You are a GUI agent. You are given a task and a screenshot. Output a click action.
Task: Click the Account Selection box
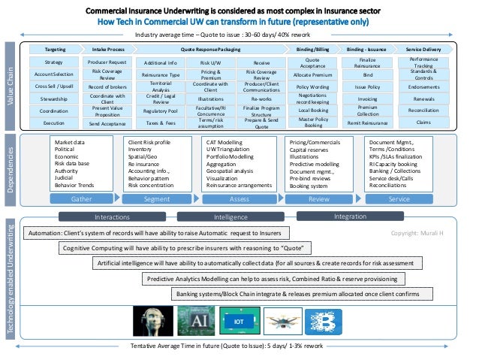pyautogui.click(x=54, y=74)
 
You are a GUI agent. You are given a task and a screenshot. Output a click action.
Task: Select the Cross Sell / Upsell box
pyautogui.click(x=54, y=86)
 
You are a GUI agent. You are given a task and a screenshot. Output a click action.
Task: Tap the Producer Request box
pyautogui.click(x=107, y=62)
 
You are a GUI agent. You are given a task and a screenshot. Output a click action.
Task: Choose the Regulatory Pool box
pyautogui.click(x=159, y=110)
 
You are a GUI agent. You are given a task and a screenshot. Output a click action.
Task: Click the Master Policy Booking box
pyautogui.click(x=313, y=122)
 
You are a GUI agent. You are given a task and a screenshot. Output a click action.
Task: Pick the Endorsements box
pyautogui.click(x=425, y=86)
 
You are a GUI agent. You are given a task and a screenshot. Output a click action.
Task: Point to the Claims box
pyautogui.click(x=425, y=122)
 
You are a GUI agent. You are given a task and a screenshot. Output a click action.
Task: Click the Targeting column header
pyautogui.click(x=54, y=48)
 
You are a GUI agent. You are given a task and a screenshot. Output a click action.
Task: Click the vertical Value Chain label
pyautogui.click(x=10, y=86)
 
